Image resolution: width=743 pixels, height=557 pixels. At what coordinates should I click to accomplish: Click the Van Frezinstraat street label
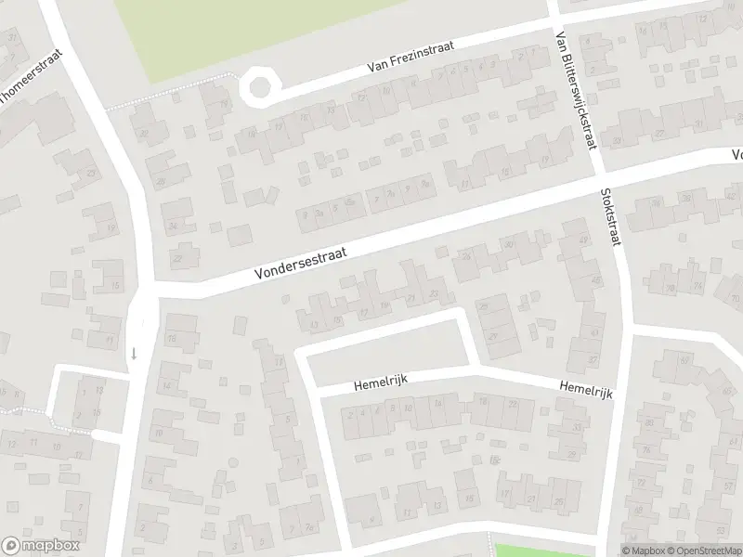tap(411, 59)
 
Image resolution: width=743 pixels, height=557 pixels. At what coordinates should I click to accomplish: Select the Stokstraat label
tap(612, 214)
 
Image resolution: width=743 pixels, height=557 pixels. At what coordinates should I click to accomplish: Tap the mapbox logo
tap(40, 546)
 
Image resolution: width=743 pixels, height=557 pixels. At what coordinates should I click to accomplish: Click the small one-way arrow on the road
tap(134, 352)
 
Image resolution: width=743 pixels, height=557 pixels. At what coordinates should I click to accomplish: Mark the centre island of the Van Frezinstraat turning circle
tap(259, 87)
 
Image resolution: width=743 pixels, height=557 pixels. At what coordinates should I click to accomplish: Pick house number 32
tap(144, 133)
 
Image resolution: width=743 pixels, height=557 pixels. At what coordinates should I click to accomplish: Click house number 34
tap(173, 226)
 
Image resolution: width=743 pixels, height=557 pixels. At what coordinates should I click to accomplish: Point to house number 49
tap(584, 240)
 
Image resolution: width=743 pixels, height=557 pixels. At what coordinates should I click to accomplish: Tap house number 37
tap(593, 359)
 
